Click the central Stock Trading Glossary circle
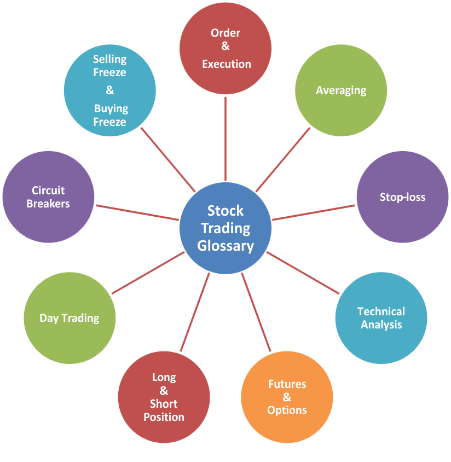[225, 228]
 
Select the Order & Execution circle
[225, 48]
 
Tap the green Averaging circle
[341, 90]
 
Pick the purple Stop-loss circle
[402, 197]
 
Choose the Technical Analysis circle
[381, 318]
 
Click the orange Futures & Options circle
[287, 397]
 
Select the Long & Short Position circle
[164, 397]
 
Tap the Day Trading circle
[70, 318]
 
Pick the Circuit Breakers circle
[48, 197]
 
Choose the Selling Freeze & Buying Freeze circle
[109, 90]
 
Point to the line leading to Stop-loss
[313, 212]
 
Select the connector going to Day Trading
[148, 273]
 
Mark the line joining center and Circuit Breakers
[138, 212]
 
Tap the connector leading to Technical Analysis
[303, 272]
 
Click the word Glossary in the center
[225, 246]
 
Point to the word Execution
[226, 64]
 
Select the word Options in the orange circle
[287, 410]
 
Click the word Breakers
[48, 204]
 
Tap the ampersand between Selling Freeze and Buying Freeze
[109, 90]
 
